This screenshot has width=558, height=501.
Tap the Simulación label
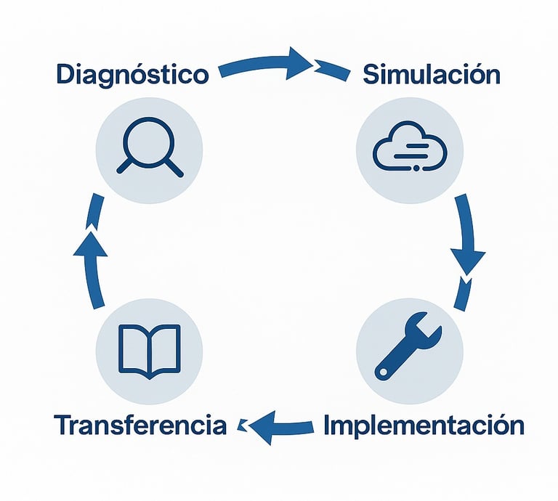tap(431, 74)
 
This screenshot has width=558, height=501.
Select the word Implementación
tap(424, 424)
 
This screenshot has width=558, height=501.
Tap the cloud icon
tap(408, 150)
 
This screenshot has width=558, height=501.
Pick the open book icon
tap(150, 351)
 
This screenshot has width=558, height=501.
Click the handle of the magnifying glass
tap(172, 167)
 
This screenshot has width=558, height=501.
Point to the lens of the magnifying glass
tap(146, 138)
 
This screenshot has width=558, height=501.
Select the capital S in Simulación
tap(371, 74)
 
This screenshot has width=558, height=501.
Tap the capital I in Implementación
tap(328, 423)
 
